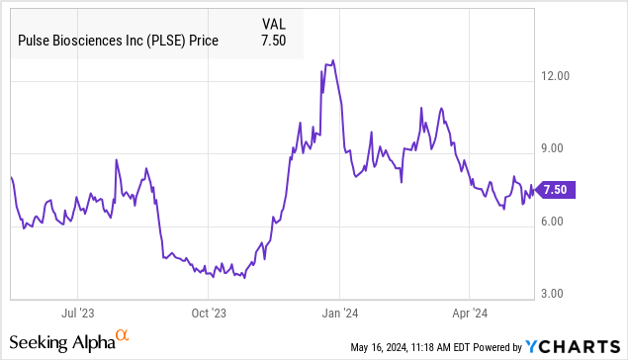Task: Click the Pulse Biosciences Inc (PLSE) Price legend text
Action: [x=118, y=41]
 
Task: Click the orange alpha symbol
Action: [x=123, y=337]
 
